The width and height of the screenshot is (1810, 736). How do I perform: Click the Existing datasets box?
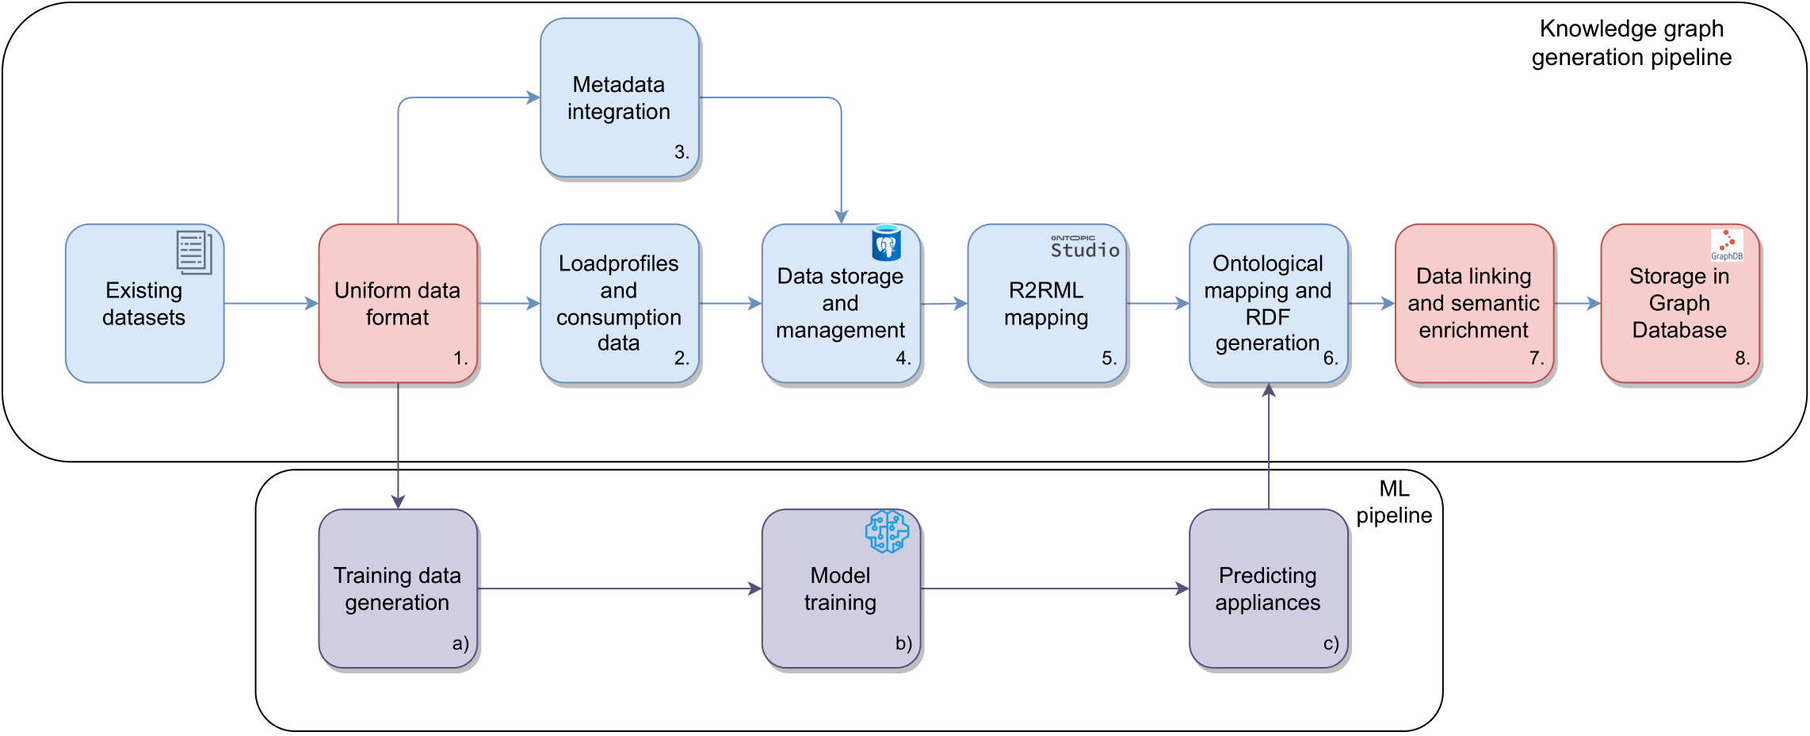(x=145, y=303)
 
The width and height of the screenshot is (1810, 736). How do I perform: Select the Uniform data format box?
(x=398, y=303)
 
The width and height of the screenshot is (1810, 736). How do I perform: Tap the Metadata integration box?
(x=620, y=98)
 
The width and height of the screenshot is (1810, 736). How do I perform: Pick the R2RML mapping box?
(x=1047, y=303)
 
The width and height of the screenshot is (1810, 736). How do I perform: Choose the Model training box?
(x=841, y=588)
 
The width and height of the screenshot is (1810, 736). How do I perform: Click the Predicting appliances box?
(x=1269, y=588)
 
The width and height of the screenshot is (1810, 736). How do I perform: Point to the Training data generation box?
(x=398, y=588)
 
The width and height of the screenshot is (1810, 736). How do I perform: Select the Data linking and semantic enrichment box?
(x=1474, y=303)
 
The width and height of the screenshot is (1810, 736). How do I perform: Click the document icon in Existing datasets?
(x=194, y=252)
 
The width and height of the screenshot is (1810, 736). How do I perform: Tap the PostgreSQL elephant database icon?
(x=887, y=243)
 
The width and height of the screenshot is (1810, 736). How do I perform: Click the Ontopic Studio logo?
(x=1085, y=247)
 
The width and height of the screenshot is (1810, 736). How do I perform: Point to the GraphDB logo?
(x=1727, y=245)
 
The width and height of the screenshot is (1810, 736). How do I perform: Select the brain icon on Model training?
(x=887, y=531)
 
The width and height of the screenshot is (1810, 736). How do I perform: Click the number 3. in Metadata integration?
(x=682, y=152)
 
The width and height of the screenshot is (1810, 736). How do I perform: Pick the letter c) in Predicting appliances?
(x=1331, y=643)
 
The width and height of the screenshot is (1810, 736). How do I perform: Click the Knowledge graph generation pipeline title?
(x=1632, y=43)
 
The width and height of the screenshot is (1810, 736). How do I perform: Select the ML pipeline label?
(x=1394, y=502)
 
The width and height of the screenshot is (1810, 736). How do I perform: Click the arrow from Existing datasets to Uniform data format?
(x=271, y=303)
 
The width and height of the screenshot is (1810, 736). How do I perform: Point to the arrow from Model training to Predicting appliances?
(x=1055, y=588)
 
